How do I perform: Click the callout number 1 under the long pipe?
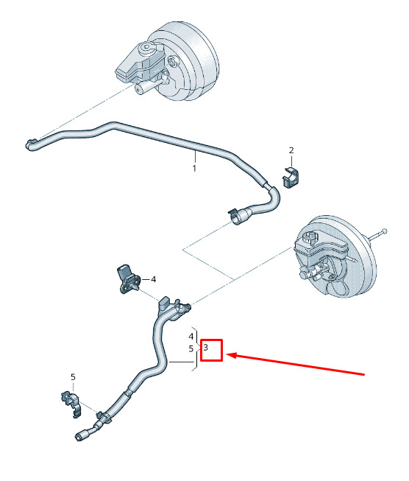(194, 168)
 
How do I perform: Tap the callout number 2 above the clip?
(291, 150)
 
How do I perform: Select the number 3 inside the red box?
(205, 347)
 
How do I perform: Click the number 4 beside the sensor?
(154, 279)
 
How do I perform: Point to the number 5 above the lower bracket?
(73, 376)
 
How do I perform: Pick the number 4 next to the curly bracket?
(191, 337)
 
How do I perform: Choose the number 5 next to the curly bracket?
(191, 349)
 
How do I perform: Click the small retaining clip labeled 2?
(291, 178)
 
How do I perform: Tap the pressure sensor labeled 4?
(128, 278)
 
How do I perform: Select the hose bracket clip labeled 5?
(71, 403)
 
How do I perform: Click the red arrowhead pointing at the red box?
(231, 355)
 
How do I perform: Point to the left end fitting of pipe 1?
(31, 144)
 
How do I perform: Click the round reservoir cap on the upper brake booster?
(146, 48)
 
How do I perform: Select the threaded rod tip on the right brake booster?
(384, 231)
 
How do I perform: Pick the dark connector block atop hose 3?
(163, 303)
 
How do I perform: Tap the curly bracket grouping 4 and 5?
(197, 348)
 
